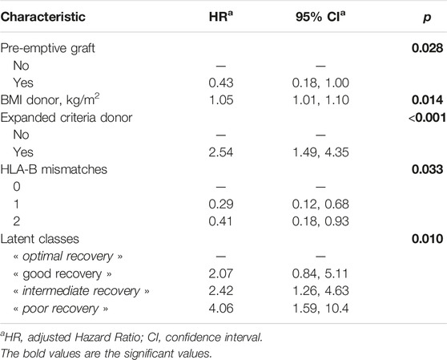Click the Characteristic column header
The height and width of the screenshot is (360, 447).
[43, 17]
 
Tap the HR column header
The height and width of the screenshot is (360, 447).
[221, 17]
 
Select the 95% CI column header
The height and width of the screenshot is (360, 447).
[320, 17]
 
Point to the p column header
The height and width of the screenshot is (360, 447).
[427, 18]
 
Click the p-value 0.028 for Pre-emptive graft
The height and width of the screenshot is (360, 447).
[427, 48]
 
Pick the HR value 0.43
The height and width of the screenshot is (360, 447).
[221, 83]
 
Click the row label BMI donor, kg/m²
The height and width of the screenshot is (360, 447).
[50, 99]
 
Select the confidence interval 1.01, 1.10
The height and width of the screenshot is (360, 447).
[320, 100]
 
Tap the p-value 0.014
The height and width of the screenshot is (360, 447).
[427, 100]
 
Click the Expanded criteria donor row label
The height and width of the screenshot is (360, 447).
[66, 118]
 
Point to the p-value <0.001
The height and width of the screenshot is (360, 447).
[427, 118]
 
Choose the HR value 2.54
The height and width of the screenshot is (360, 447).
[221, 152]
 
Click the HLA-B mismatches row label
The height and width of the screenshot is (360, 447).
[54, 169]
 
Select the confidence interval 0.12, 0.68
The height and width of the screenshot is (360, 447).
[320, 204]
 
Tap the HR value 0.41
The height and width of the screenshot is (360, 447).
[220, 221]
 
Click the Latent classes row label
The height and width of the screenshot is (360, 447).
[39, 239]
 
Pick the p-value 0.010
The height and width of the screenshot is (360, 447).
[427, 239]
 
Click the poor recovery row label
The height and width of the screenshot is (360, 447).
[61, 309]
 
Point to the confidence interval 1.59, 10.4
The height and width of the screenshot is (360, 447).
[320, 309]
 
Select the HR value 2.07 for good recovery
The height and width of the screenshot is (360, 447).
[221, 273]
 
